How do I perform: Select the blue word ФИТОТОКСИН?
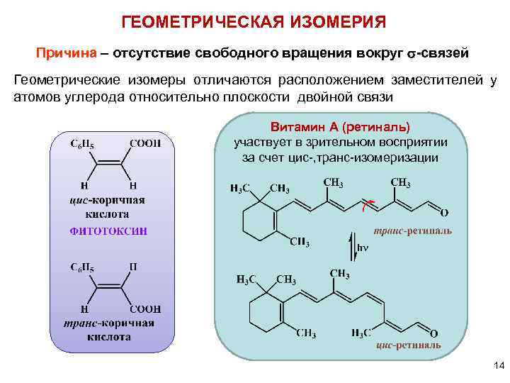point(108,231)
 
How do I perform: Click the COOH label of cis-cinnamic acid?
point(144,143)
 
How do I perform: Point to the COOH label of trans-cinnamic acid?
point(145,309)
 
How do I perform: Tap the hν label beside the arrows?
point(362,248)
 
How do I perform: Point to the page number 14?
point(498,366)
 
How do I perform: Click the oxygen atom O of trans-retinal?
point(444,212)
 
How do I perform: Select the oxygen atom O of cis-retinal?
point(433,333)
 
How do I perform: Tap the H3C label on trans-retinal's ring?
point(240,188)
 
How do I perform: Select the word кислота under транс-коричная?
point(109,337)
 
